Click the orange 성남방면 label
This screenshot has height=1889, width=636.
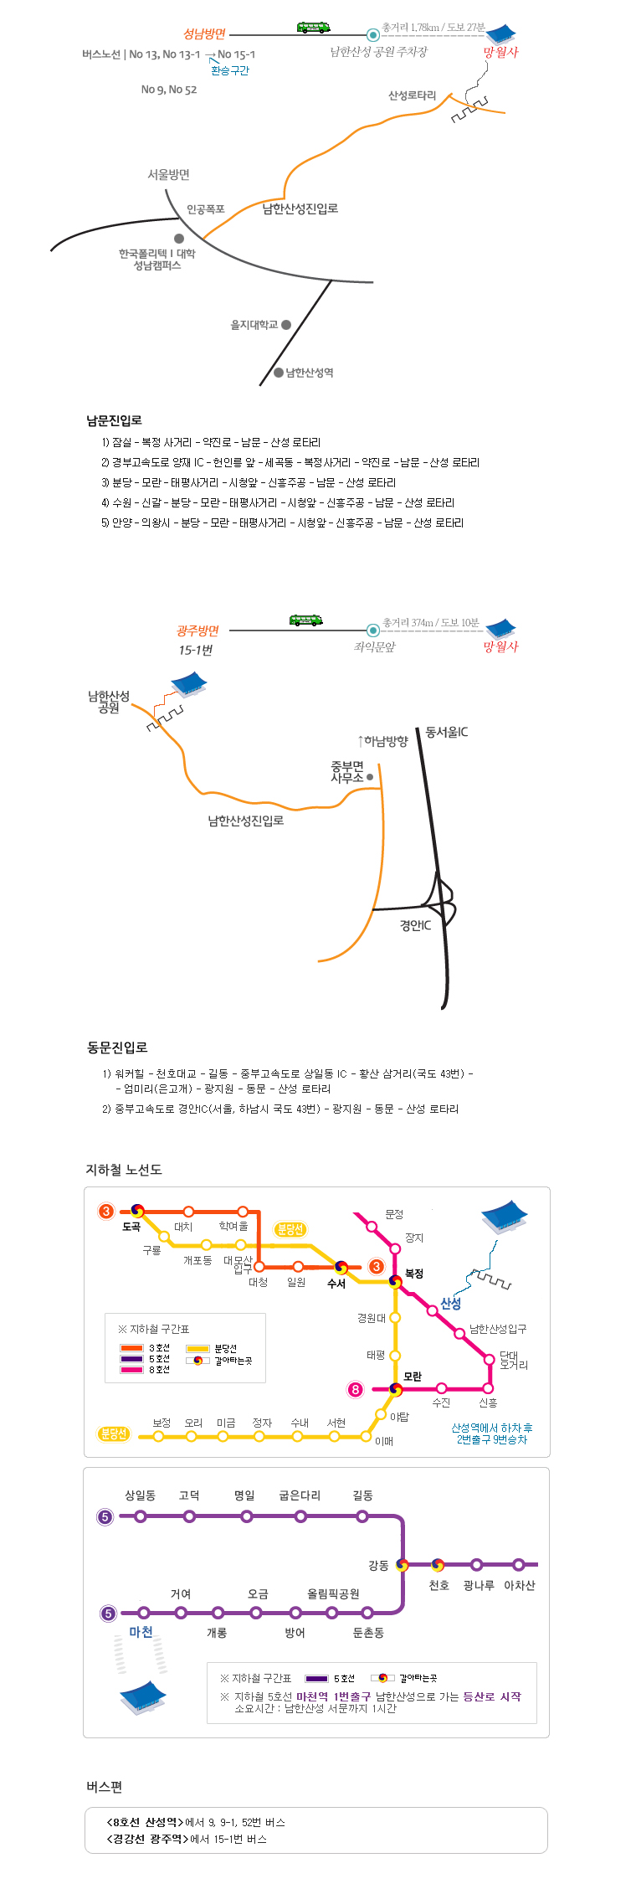click(x=204, y=34)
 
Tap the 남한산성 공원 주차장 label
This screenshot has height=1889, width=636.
click(x=378, y=52)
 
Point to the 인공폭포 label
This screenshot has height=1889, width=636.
click(x=205, y=209)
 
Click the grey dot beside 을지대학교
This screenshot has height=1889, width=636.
click(x=286, y=325)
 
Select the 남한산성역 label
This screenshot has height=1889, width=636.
click(x=310, y=373)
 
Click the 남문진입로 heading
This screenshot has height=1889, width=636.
click(x=114, y=420)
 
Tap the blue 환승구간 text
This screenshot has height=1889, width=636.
click(x=230, y=70)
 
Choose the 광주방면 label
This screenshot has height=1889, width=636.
click(x=197, y=631)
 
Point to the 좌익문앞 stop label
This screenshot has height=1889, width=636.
click(x=374, y=646)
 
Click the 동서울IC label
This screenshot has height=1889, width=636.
click(x=447, y=732)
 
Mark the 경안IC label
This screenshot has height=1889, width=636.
click(x=415, y=925)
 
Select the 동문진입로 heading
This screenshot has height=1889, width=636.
click(x=117, y=1047)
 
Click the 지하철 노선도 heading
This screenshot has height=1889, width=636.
click(x=123, y=1170)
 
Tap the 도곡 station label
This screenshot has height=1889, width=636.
click(x=131, y=1227)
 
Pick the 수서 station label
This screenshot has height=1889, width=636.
click(x=336, y=1284)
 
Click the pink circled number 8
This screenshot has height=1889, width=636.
click(x=356, y=1390)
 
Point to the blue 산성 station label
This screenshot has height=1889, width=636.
click(x=451, y=1304)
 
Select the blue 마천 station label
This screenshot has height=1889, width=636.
click(x=141, y=1632)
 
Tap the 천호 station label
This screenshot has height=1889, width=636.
click(x=439, y=1585)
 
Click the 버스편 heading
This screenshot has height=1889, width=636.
click(x=104, y=1787)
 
